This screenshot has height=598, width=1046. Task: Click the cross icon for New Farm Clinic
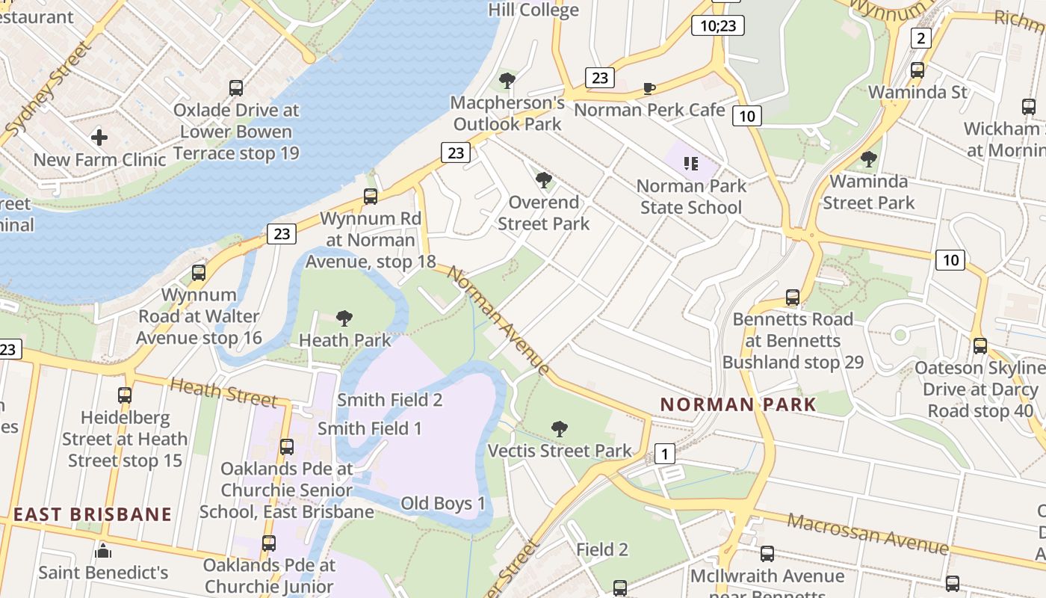coord(99,138)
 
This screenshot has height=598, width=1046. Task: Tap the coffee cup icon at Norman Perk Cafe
coord(649,89)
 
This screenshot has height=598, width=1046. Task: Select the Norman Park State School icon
coord(690,163)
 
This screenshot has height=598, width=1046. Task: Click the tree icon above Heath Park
coord(344,318)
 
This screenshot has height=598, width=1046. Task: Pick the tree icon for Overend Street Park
coord(544,180)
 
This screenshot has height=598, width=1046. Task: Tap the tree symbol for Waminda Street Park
coord(868,159)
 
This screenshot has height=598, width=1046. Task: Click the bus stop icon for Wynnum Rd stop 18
coord(371,197)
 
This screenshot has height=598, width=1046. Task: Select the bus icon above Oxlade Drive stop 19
coord(236,88)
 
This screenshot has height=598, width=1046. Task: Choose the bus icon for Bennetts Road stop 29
coord(793,298)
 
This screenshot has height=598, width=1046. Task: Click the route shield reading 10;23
coord(718,26)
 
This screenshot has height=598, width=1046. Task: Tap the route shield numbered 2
coord(920,39)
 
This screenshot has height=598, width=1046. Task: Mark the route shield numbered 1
coord(664,454)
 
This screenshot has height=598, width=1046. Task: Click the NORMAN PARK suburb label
coord(738,405)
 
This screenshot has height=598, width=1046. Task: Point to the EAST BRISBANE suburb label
coord(93,514)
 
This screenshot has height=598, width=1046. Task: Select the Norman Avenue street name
coord(498,319)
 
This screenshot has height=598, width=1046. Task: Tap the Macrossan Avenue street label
coord(867,534)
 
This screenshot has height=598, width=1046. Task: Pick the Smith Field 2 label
coord(390,400)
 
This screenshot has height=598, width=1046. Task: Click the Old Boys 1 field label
coord(443,503)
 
